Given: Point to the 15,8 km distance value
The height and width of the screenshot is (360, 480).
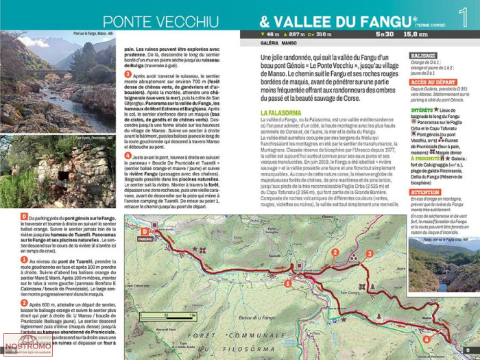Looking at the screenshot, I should pyautogui.click(x=415, y=34).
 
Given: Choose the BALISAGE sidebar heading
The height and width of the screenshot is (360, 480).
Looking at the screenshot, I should pyautogui.click(x=423, y=55).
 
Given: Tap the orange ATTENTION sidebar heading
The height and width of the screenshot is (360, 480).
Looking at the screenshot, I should pyautogui.click(x=425, y=193).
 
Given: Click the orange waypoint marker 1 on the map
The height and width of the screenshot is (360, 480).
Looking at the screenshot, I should pyautogui.click(x=288, y=283).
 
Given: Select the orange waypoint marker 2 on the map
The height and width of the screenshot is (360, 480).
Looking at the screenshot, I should pyautogui.click(x=335, y=252).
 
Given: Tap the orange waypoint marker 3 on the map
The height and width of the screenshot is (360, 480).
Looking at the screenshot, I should pyautogui.click(x=369, y=254).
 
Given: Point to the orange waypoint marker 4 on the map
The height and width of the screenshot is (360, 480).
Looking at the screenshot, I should pyautogui.click(x=426, y=339).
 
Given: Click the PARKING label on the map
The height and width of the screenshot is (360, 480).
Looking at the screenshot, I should pyautogui.click(x=145, y=240).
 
